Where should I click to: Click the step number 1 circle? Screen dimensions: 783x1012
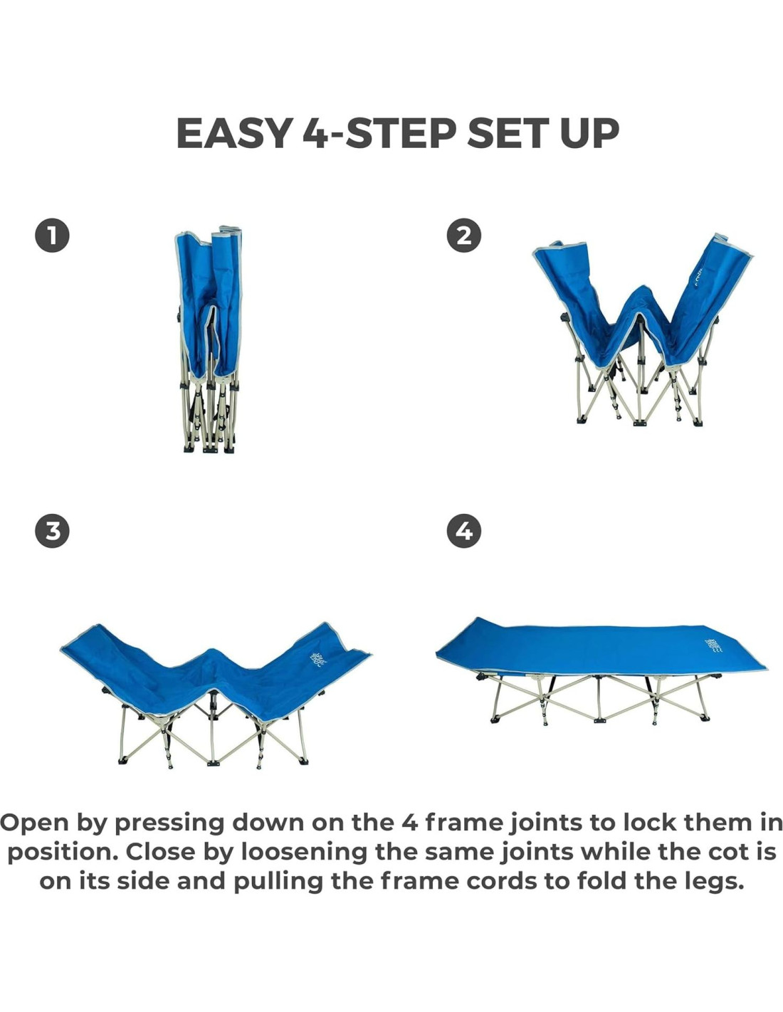point(52,236)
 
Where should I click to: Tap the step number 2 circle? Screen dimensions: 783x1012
point(464,236)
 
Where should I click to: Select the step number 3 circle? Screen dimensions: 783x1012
point(52,530)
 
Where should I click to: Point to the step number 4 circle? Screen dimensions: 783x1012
point(464,530)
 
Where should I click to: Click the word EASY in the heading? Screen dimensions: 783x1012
point(235,134)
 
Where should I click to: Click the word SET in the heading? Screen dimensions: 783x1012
point(508,134)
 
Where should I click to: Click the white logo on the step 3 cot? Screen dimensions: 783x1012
point(318,658)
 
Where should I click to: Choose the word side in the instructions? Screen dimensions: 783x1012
point(142,882)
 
